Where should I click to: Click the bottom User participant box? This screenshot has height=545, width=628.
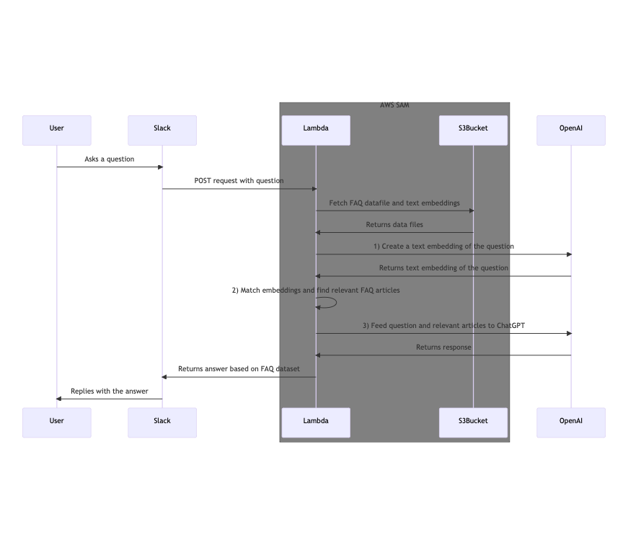coord(56,422)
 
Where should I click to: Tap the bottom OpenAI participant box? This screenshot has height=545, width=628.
coord(571,422)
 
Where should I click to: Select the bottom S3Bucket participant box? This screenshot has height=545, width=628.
coord(473,422)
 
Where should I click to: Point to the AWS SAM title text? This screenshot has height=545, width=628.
coord(394,106)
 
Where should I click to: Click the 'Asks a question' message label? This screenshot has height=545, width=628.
coord(110,159)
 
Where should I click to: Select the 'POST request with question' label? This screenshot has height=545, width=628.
coord(239,181)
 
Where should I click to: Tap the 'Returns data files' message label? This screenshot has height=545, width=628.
coord(394,225)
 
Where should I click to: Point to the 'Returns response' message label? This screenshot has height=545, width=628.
coord(443,347)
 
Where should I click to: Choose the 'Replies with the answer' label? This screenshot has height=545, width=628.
coord(110,391)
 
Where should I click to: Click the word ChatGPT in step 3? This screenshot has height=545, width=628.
coord(510,326)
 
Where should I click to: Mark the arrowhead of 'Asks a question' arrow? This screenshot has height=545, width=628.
coord(161,167)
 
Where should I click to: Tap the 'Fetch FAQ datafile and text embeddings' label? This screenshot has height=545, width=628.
coord(394,203)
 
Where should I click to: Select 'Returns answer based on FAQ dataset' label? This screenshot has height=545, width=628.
coord(239,369)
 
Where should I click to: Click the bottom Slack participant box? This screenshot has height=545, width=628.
coord(162,422)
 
